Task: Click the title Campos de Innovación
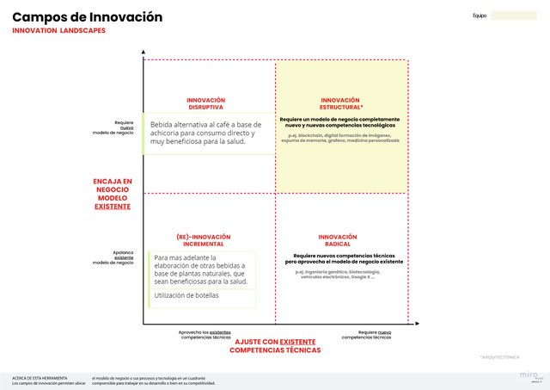pyautogui.click(x=87, y=17)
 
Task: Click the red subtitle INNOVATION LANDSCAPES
pyautogui.click(x=59, y=31)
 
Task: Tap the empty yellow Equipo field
pyautogui.click(x=513, y=15)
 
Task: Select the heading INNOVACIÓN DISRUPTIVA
pyautogui.click(x=205, y=103)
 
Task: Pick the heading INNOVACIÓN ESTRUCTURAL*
pyautogui.click(x=339, y=103)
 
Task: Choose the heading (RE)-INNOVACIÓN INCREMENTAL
pyautogui.click(x=203, y=240)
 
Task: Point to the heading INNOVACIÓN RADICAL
pyautogui.click(x=337, y=240)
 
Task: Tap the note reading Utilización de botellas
pyautogui.click(x=187, y=296)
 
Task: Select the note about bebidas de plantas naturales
pyautogui.click(x=201, y=269)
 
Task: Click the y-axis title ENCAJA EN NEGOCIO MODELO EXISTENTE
pyautogui.click(x=113, y=194)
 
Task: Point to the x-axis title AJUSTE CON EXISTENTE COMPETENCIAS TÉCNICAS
pyautogui.click(x=275, y=346)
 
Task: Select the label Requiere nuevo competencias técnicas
pyautogui.click(x=366, y=334)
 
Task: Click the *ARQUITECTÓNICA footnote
pyautogui.click(x=500, y=356)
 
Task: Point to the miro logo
pyautogui.click(x=527, y=375)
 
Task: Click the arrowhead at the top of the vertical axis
pyautogui.click(x=144, y=53)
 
